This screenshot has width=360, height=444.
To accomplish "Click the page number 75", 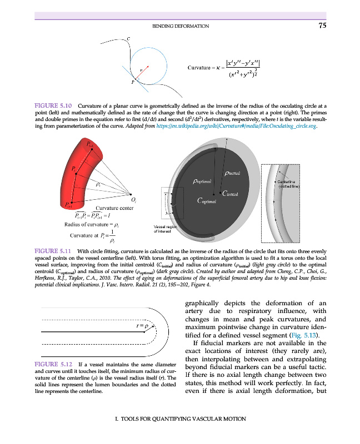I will pos(323,25).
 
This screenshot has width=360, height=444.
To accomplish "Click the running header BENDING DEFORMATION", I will pos(180,26).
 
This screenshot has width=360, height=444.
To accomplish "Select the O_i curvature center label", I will pos(133,200).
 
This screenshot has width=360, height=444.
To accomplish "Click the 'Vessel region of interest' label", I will pos(166,229).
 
